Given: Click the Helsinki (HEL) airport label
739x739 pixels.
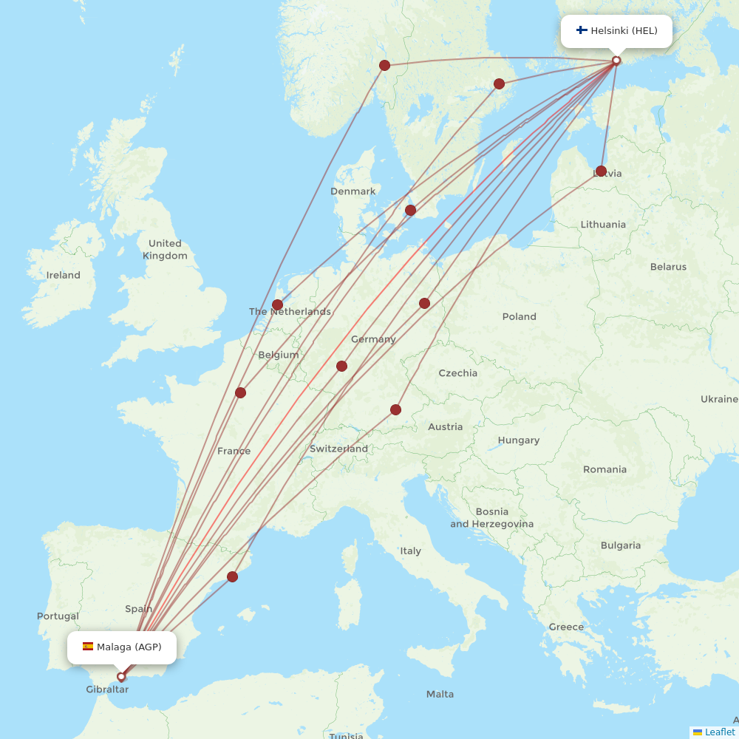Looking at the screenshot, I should [624, 31].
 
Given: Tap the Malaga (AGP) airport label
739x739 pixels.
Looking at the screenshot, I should [129, 647].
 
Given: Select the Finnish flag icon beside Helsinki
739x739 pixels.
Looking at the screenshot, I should [582, 31].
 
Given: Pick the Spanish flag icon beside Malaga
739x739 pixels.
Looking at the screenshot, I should [88, 647].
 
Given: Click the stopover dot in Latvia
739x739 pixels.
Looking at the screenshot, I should [601, 171].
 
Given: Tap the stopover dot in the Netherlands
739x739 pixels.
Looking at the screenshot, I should [277, 304].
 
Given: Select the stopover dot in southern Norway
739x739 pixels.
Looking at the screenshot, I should [384, 65].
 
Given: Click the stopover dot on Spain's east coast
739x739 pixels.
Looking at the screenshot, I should [232, 576].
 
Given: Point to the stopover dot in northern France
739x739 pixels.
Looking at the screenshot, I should [240, 392].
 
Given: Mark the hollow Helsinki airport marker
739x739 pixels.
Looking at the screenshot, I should [616, 61].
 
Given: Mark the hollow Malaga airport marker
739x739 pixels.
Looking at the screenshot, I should [121, 676].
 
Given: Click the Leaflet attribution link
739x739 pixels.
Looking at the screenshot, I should [719, 732].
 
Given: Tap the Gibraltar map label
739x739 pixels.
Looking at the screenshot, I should [107, 689].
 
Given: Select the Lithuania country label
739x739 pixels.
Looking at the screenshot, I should [603, 225].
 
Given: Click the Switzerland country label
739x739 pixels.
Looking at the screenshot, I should [338, 449].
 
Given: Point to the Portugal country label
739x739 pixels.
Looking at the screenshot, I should [58, 616].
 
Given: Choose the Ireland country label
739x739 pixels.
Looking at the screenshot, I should [64, 275].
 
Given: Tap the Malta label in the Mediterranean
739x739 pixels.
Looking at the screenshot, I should [440, 694].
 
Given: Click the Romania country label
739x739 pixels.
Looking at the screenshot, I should [605, 469].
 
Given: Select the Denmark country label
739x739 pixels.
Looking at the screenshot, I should [353, 191].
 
